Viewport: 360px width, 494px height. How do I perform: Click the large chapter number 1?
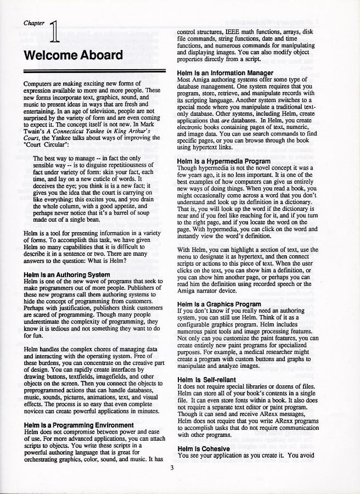click(54, 31)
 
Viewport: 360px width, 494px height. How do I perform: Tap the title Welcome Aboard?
click(73, 55)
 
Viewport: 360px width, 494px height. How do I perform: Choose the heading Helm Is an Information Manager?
click(225, 72)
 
